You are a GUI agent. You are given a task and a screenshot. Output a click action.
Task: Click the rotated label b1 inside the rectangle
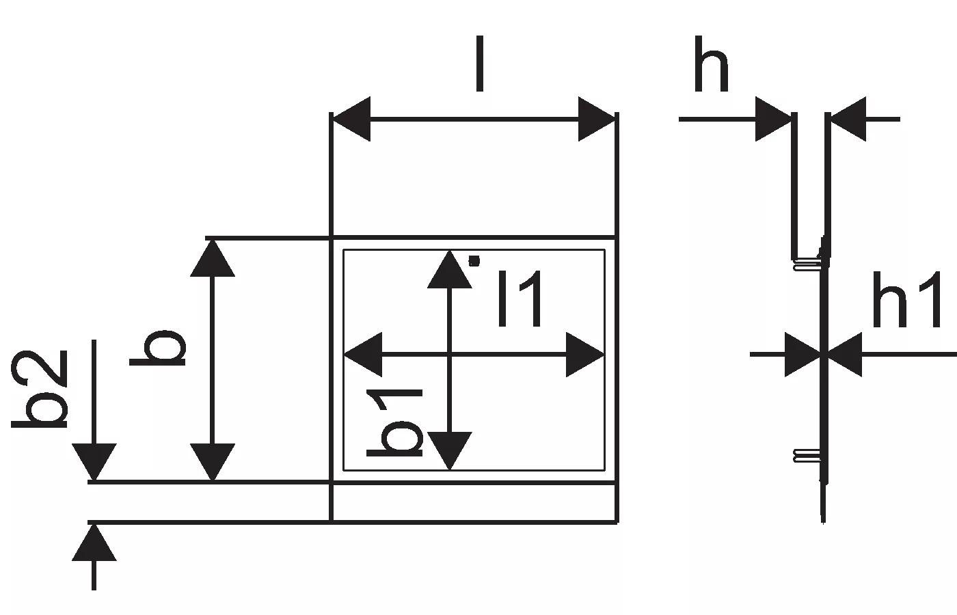395,423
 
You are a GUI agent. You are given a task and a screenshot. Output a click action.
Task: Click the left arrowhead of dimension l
351,119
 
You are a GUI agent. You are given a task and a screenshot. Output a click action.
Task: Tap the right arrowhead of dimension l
597,119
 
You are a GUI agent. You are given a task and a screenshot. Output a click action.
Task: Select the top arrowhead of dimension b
212,258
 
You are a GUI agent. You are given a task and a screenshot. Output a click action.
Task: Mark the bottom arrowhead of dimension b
212,462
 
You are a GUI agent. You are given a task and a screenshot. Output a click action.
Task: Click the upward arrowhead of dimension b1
449,269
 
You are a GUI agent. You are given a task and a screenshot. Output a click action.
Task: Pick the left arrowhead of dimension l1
362,355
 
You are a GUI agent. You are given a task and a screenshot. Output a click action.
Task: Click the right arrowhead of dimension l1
586,355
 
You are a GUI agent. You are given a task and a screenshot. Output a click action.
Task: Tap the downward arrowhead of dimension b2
94,463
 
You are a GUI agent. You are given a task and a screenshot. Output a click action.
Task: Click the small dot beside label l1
474,260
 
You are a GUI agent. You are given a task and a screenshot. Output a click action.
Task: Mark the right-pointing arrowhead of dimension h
773,119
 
